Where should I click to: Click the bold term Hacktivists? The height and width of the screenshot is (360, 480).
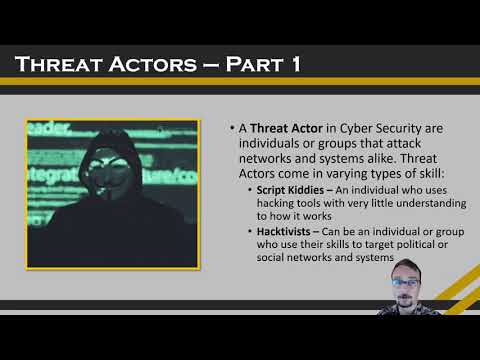279,231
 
